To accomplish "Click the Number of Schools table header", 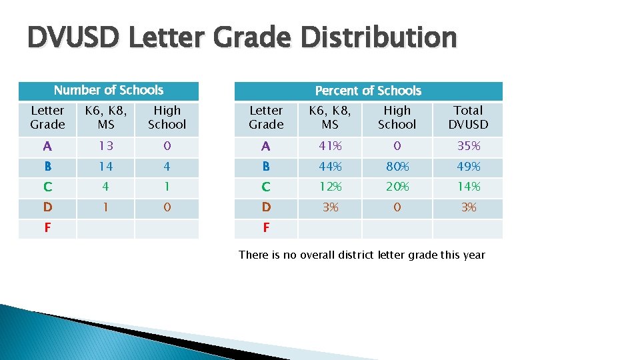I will point(109,90).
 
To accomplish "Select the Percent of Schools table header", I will point(368,91).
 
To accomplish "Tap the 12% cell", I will point(330,187).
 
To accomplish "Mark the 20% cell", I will point(397,187).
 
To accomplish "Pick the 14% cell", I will point(469,187).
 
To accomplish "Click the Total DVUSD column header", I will point(468,117).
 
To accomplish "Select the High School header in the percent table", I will point(397,117).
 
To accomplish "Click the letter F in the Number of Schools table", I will point(47,228).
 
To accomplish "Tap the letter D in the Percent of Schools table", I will point(266,207).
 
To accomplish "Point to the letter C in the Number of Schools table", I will point(47,187).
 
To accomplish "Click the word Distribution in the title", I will point(379,38).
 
